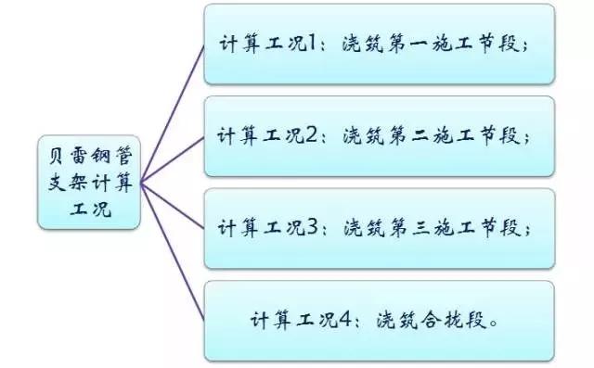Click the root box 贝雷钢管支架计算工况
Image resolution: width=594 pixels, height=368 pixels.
click(x=90, y=182)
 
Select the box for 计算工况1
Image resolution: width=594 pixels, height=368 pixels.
click(x=380, y=44)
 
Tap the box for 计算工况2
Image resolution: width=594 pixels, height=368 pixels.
click(x=380, y=135)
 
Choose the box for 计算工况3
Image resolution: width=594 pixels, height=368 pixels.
click(x=380, y=227)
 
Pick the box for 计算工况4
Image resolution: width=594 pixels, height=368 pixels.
click(x=380, y=321)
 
